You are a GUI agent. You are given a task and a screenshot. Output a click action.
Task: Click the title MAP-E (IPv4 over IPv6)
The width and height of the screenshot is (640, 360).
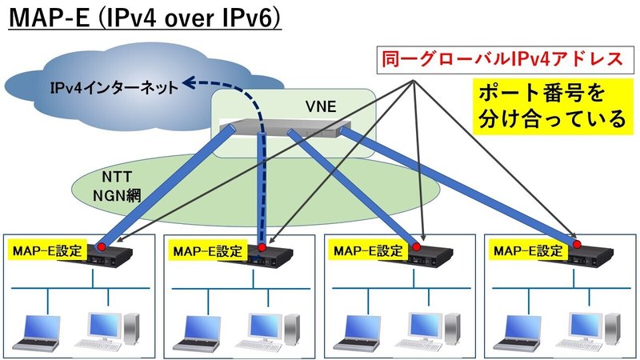(x=144, y=18)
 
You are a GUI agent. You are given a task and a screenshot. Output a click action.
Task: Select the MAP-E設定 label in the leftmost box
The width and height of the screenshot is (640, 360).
(x=46, y=251)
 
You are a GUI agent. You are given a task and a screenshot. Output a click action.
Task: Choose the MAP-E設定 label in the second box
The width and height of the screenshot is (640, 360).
(x=207, y=251)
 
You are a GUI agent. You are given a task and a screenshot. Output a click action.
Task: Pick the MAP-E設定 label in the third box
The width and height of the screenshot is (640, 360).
(x=367, y=251)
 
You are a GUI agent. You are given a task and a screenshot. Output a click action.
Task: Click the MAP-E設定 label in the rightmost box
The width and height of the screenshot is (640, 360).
(x=529, y=251)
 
